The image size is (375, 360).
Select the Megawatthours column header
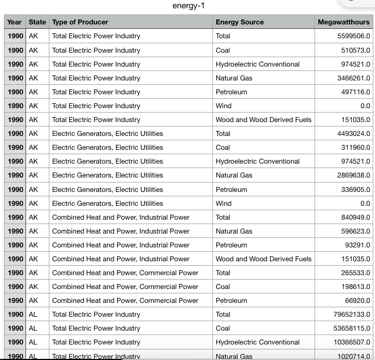pos(343,22)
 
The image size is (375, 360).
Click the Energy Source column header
pos(240,22)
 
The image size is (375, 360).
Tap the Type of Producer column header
pos(80,22)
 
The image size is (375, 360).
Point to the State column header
pos(37,22)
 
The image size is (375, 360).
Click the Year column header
pos(14,22)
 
